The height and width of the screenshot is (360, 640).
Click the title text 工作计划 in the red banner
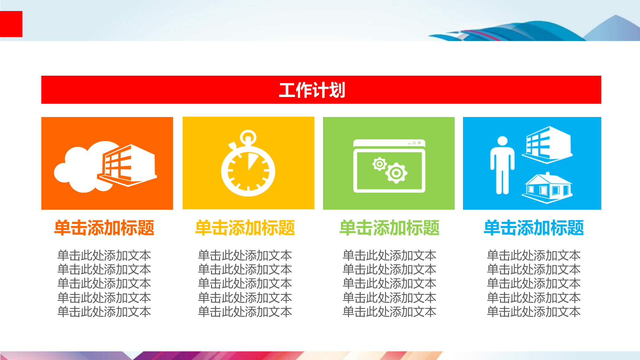(x=312, y=90)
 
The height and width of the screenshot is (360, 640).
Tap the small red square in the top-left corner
(x=11, y=24)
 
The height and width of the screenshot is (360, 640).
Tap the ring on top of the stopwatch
(x=248, y=137)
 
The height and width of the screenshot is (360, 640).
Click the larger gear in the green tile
(x=396, y=173)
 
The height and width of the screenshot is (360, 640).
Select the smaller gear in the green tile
(x=379, y=164)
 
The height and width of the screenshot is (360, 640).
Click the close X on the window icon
(x=419, y=143)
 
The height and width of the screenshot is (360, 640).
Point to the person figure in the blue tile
(x=502, y=165)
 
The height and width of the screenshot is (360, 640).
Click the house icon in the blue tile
(x=547, y=188)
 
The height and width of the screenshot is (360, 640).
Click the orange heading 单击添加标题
(x=104, y=228)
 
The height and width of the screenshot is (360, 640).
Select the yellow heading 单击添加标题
(x=245, y=228)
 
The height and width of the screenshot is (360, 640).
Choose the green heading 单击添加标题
(x=389, y=228)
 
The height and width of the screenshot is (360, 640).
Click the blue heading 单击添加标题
(x=534, y=228)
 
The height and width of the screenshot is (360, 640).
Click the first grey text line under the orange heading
(x=104, y=256)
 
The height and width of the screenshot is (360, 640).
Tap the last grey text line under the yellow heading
(x=245, y=312)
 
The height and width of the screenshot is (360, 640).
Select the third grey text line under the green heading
(x=389, y=284)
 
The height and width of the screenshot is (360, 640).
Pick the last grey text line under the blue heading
(x=534, y=312)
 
